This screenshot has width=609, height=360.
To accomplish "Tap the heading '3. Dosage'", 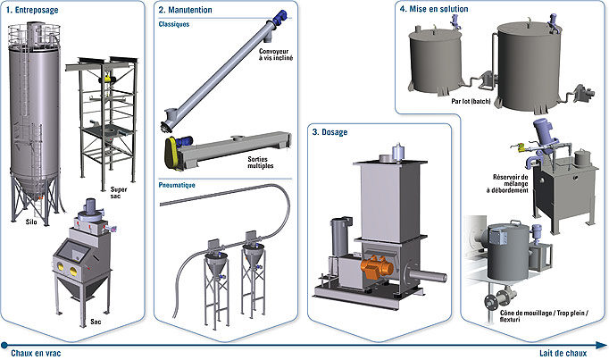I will click(330, 132).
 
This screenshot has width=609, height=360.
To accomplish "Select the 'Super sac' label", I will click(119, 194).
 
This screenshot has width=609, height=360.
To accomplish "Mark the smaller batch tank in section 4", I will click(435, 59).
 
